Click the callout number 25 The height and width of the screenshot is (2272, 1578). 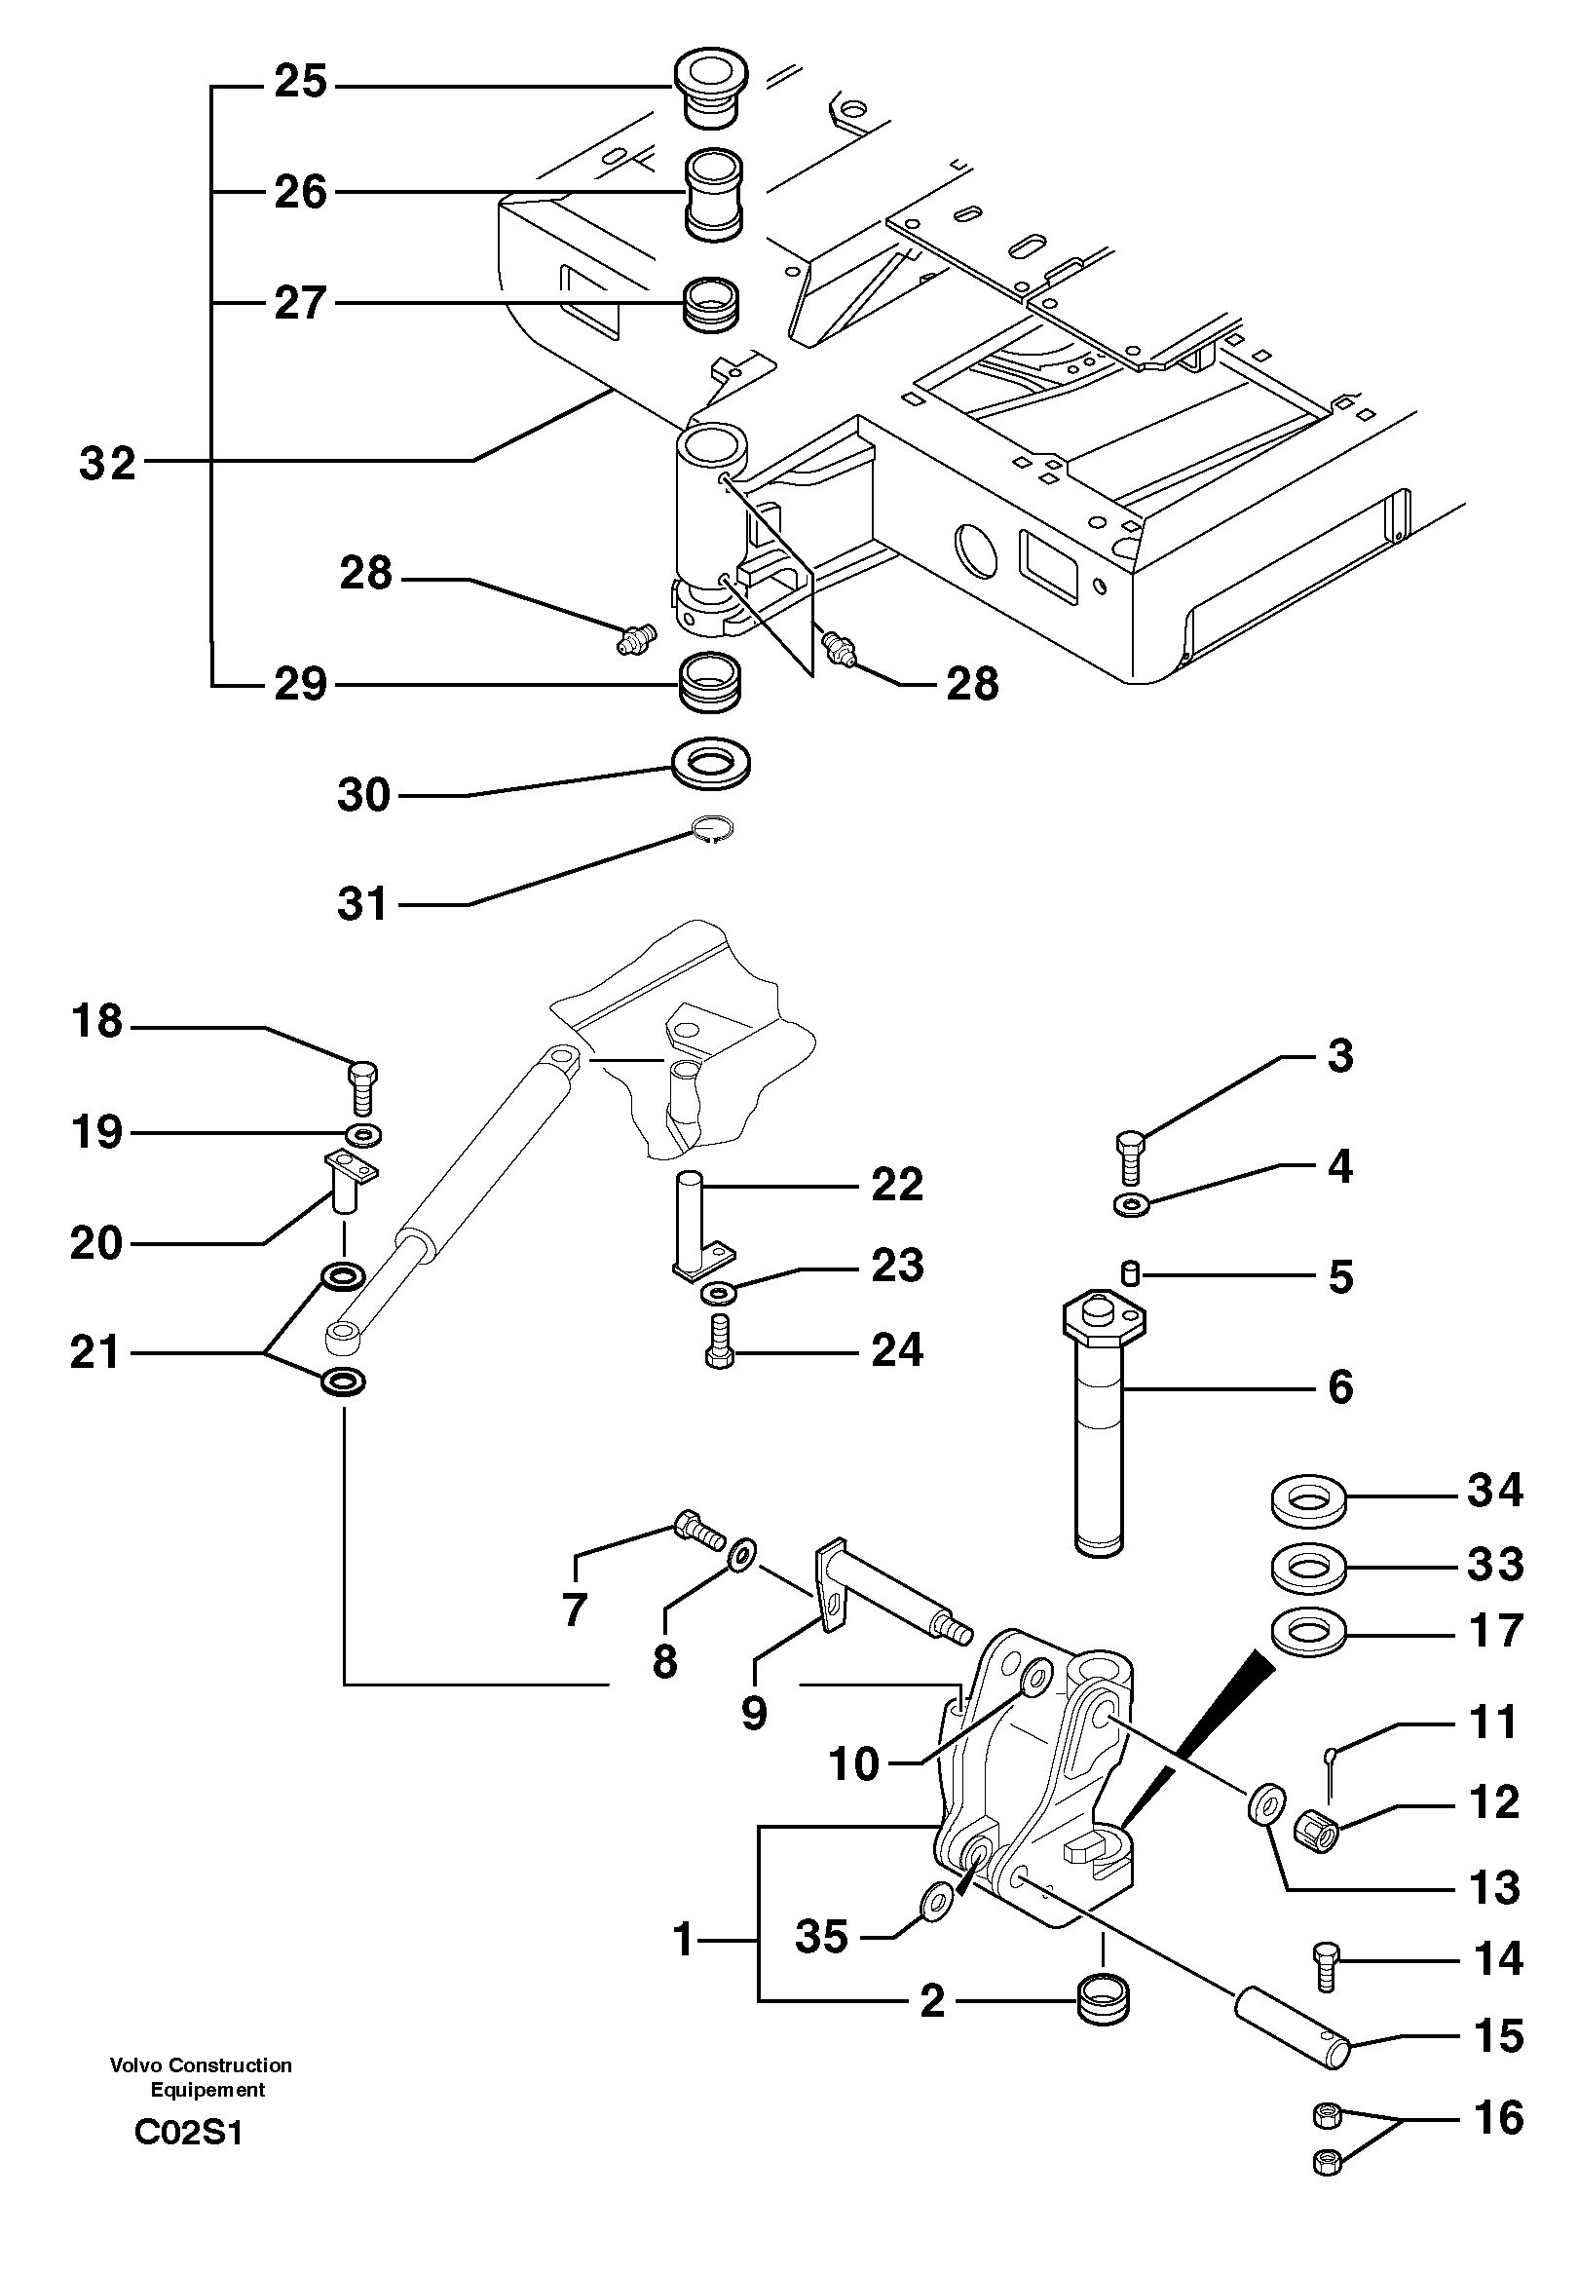click(x=300, y=82)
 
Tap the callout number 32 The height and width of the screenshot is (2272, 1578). click(x=107, y=463)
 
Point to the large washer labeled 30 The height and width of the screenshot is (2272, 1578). click(x=710, y=764)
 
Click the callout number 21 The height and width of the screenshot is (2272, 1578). click(x=94, y=1351)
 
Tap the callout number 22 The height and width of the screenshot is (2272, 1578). click(x=897, y=1184)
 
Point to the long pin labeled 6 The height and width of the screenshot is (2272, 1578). click(x=1101, y=1444)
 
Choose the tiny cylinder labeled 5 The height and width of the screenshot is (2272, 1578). click(x=1132, y=1274)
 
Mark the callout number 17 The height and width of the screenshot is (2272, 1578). click(x=1495, y=1630)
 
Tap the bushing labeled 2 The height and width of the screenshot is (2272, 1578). click(x=1101, y=2001)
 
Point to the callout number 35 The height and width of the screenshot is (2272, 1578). click(x=821, y=1937)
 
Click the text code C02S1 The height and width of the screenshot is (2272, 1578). click(x=188, y=2133)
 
